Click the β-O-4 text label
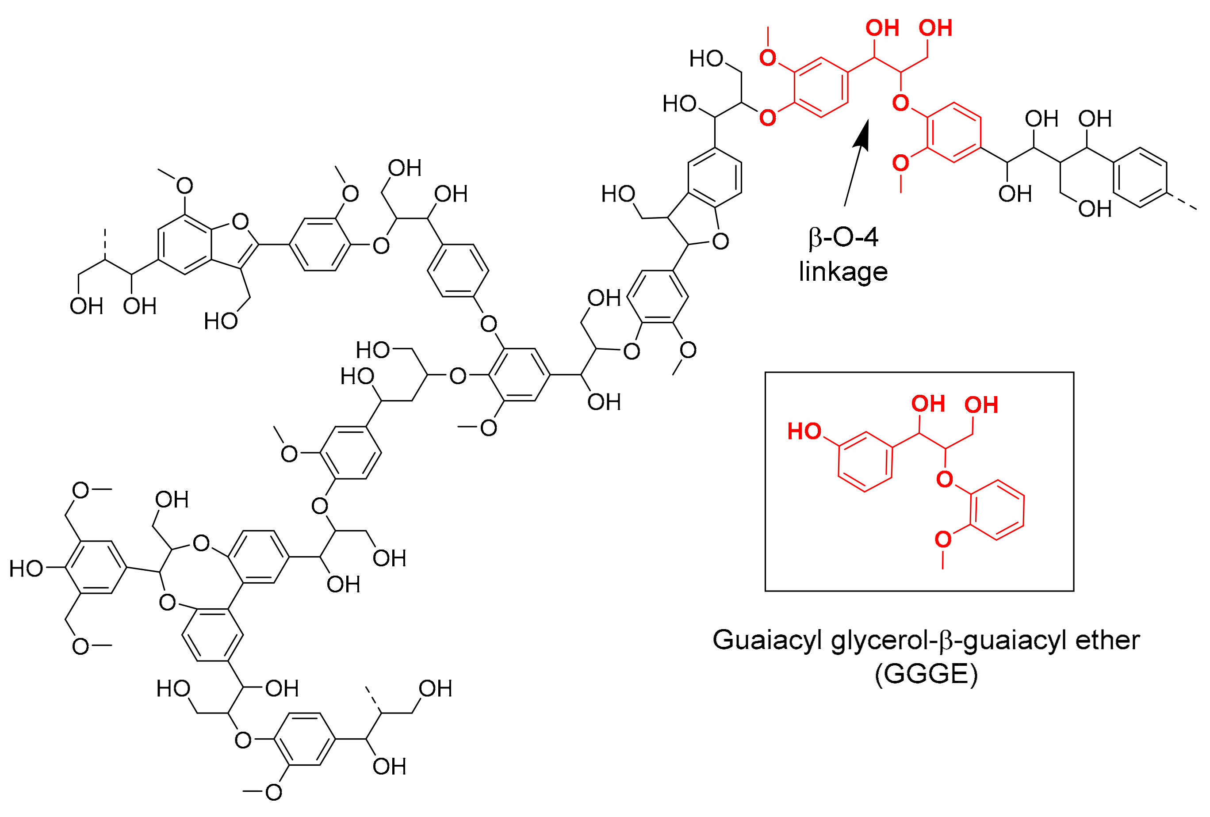(843, 237)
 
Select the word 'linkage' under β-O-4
(843, 271)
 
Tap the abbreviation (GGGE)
(926, 673)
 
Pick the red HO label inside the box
(804, 431)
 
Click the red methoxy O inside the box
(943, 539)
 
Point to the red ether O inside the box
(945, 479)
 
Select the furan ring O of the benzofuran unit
(240, 221)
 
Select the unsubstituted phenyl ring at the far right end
(1140, 177)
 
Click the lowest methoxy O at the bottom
(273, 792)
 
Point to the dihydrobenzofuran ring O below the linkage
(720, 241)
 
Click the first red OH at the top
(882, 28)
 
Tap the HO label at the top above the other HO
(706, 59)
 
